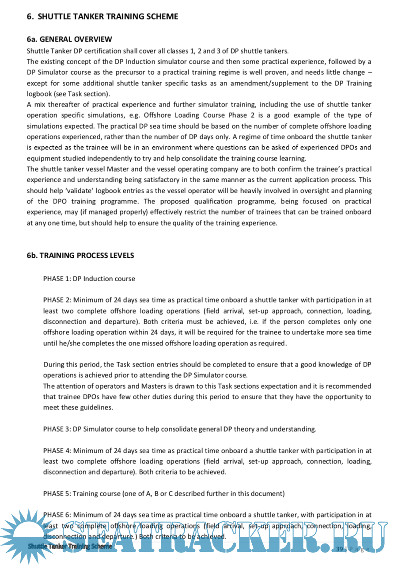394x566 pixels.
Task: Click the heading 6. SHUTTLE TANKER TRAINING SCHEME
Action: pos(102,17)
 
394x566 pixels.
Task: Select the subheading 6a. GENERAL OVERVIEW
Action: pos(69,39)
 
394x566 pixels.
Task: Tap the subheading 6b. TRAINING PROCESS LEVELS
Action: pos(80,256)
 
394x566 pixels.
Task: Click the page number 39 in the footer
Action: pos(339,549)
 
